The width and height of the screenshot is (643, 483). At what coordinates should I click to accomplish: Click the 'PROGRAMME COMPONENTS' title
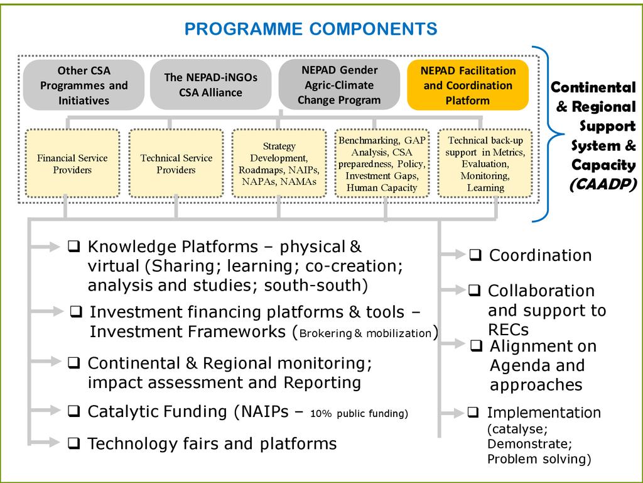(311, 29)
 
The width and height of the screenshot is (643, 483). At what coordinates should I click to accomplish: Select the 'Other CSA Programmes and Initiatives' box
(84, 86)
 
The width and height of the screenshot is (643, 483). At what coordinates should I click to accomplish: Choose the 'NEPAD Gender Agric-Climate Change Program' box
(339, 85)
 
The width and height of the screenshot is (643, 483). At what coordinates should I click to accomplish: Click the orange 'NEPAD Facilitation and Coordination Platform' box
(468, 85)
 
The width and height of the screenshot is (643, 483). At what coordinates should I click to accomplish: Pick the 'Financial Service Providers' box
(72, 164)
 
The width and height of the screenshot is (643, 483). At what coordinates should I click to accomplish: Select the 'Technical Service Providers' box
(176, 164)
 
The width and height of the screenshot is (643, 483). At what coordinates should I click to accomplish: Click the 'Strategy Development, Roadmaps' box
(279, 164)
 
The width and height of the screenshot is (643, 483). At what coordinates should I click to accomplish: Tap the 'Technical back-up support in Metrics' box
(485, 164)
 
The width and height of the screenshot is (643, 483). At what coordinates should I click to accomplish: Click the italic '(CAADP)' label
(603, 185)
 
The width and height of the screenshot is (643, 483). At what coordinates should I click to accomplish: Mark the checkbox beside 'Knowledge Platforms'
(74, 247)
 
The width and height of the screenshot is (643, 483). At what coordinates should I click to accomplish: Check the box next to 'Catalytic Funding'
(74, 412)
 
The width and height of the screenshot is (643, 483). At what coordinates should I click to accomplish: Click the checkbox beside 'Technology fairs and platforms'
(74, 444)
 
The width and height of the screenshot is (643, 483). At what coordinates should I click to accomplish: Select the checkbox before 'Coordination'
(475, 255)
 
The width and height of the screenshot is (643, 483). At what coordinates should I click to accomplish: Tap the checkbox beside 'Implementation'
(473, 413)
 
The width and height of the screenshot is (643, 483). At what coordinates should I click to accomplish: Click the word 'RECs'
(508, 330)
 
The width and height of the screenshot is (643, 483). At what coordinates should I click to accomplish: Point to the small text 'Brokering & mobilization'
(365, 333)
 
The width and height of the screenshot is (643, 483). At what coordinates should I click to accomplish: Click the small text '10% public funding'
(358, 414)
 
